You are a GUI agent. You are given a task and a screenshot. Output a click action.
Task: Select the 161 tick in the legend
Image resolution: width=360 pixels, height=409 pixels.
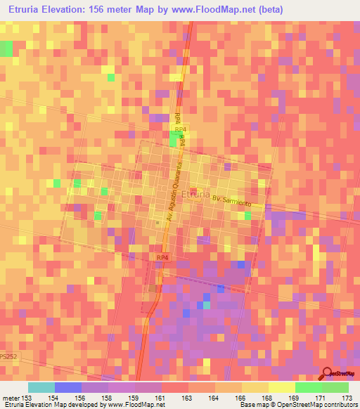pyautogui.click(x=161, y=398)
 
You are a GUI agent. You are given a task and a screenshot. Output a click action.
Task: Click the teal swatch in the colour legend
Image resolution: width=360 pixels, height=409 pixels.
pyautogui.click(x=41, y=387)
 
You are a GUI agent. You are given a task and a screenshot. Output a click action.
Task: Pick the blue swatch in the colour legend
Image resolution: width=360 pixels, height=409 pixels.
pyautogui.click(x=68, y=387)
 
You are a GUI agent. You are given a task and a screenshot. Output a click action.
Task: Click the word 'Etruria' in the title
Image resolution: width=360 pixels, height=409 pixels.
pyautogui.click(x=26, y=9)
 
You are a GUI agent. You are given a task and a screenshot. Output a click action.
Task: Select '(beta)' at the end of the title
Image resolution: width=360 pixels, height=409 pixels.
pyautogui.click(x=269, y=9)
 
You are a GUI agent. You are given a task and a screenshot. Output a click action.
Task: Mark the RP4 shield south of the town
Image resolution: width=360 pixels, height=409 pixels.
pyautogui.click(x=162, y=259)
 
